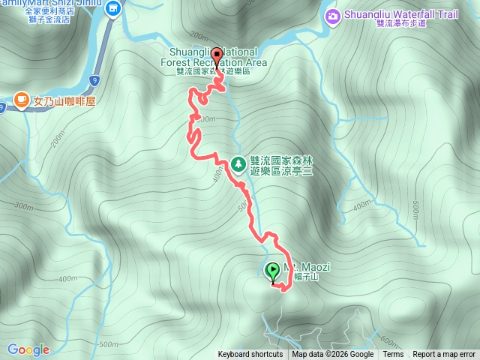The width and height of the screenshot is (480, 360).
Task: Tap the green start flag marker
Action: [273, 271]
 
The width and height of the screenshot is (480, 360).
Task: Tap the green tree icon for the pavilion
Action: [238, 163]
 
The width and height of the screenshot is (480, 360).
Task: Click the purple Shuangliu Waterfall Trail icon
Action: [332, 15]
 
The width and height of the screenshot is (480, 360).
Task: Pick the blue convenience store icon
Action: [113, 9]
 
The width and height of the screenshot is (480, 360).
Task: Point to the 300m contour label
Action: [24, 206]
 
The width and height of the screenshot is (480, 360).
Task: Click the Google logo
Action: [28, 349]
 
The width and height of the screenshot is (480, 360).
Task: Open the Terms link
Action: [393, 355]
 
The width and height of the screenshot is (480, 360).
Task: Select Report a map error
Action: [444, 355]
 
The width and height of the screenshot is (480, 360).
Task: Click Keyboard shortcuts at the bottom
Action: [250, 355]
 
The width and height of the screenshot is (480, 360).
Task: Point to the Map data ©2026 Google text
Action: [333, 355]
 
